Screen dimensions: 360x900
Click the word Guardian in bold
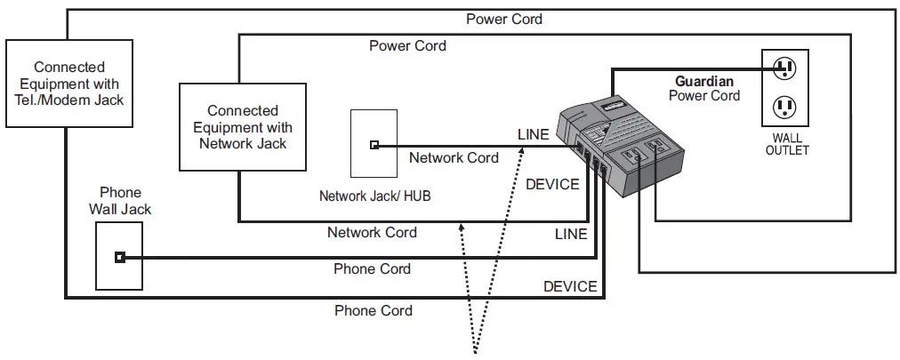tap(704, 81)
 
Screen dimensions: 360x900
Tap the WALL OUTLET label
tap(787, 144)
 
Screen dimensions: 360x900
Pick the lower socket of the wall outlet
tap(783, 108)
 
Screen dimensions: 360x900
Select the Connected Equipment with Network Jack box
tap(242, 126)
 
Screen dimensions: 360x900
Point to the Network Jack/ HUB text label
tap(374, 196)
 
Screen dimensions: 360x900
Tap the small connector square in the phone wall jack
tap(119, 258)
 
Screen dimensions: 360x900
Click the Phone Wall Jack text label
tap(120, 201)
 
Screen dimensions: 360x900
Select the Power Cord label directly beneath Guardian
tap(704, 96)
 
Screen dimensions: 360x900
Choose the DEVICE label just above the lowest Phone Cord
tap(570, 286)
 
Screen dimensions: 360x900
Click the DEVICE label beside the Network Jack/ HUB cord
tap(552, 184)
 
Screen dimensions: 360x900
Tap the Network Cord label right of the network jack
tap(453, 157)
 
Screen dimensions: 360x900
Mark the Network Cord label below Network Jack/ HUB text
tap(372, 233)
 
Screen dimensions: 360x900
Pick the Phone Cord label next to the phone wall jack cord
tap(372, 268)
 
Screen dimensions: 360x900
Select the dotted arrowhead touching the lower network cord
tap(461, 228)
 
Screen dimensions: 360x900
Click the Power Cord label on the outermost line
tap(503, 19)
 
